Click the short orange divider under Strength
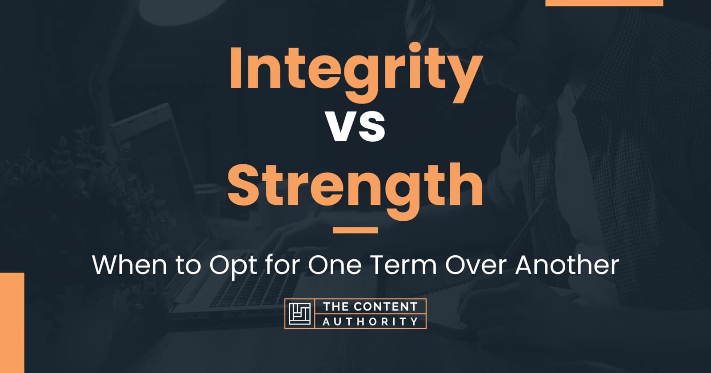(x=355, y=230)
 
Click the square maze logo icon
(x=300, y=314)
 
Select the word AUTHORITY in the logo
(x=370, y=321)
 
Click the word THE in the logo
(x=335, y=306)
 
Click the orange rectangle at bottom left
(x=12, y=322)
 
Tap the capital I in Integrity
(x=236, y=71)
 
